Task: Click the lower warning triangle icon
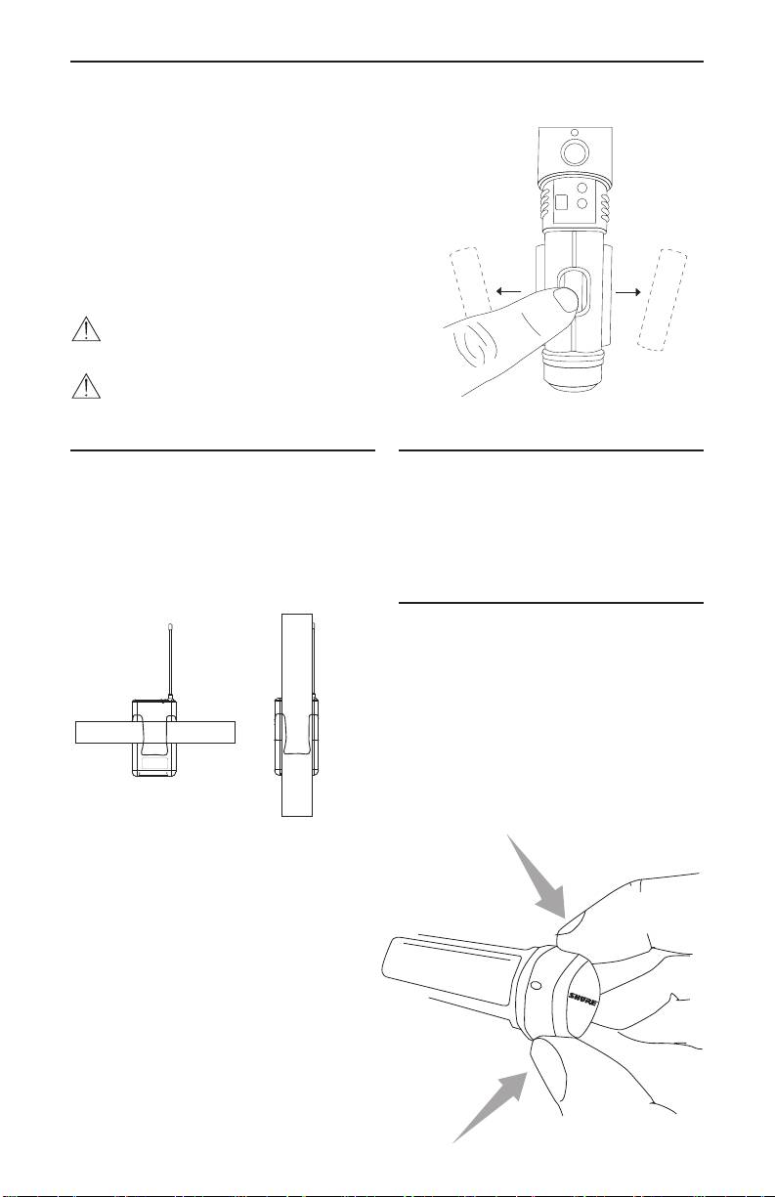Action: (86, 386)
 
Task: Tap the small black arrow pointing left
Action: (508, 291)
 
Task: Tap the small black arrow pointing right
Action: (628, 292)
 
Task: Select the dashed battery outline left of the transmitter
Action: (471, 287)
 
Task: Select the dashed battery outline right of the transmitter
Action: (663, 300)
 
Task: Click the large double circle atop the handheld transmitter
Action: (574, 152)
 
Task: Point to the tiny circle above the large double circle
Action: (575, 133)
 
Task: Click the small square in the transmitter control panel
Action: (561, 202)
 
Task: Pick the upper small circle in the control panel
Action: (583, 188)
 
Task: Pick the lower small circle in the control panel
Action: (583, 203)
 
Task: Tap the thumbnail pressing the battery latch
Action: (566, 299)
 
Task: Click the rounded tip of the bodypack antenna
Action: (170, 625)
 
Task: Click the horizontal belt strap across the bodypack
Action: (155, 732)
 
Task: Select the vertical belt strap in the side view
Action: (297, 715)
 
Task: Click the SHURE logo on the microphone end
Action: (582, 1000)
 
